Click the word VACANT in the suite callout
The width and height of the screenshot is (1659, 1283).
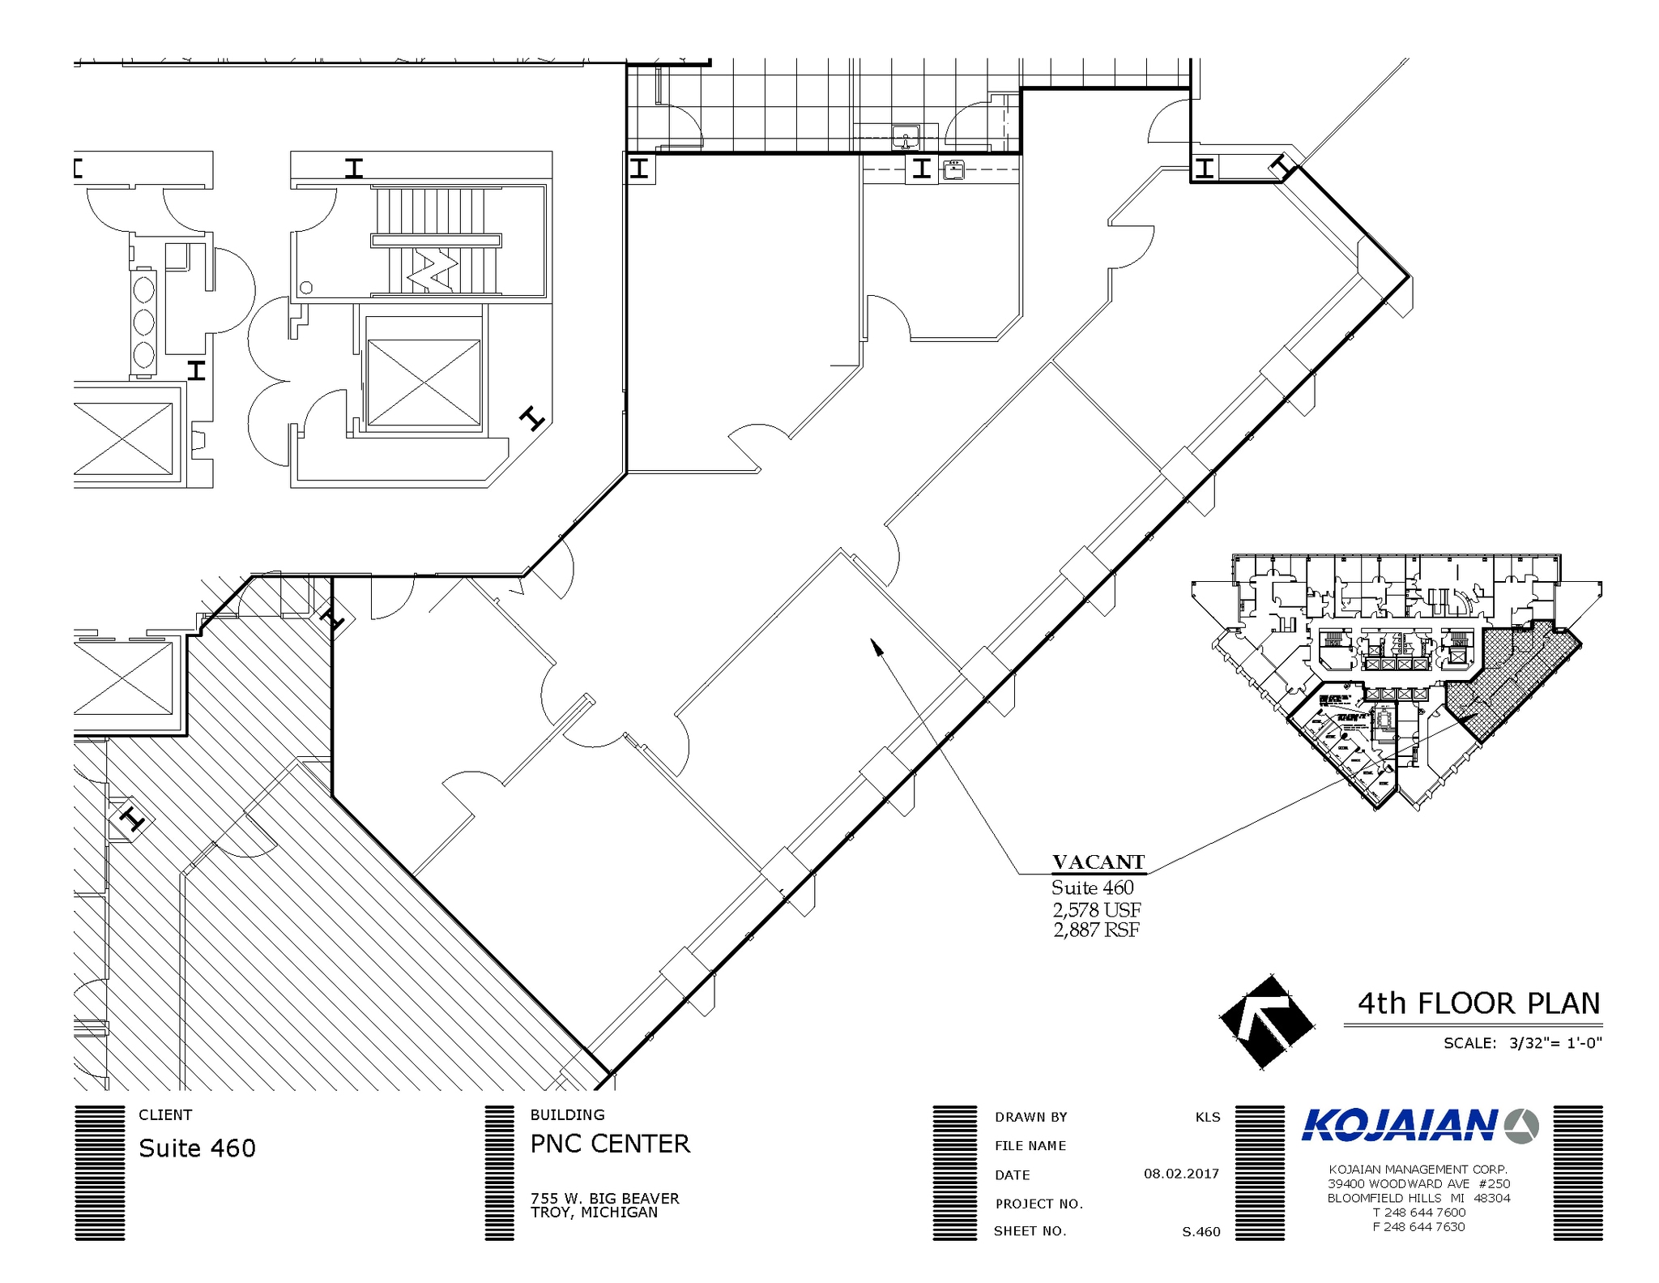1098,862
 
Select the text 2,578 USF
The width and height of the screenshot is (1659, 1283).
1097,909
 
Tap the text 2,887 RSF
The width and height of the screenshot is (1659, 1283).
1096,930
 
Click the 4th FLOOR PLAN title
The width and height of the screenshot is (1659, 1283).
1478,1003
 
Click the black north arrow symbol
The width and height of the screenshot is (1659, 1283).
1265,1022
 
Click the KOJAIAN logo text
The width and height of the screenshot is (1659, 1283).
1399,1126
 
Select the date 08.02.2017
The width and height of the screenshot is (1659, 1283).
1180,1174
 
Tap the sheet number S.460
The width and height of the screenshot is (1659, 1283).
1201,1232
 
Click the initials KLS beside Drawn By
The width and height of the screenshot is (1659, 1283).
1207,1117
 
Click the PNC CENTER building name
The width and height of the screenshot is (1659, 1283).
610,1144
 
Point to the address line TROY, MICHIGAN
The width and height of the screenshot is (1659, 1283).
594,1212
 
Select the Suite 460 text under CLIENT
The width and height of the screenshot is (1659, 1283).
197,1148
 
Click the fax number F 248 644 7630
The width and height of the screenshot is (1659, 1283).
1418,1227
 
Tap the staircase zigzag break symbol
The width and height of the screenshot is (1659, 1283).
432,270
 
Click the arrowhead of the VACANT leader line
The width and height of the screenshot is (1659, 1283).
876,645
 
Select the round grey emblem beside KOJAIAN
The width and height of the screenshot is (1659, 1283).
1520,1126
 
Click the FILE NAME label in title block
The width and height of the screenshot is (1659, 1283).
1030,1145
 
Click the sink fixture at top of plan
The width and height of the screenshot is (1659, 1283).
905,136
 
